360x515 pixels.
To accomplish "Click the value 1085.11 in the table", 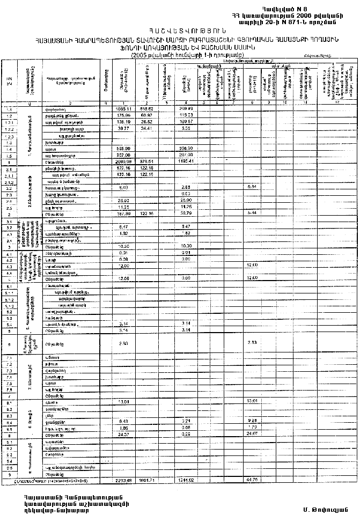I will pos(124,108).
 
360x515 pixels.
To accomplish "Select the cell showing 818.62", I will pos(146,108).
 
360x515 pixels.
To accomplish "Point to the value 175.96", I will pos(124,115).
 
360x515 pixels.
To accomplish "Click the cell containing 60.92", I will pos(146,115).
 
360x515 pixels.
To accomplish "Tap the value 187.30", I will pos(124,214).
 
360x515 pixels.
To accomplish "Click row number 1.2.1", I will pos(9,122).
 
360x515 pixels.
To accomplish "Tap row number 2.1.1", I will pos(9,175).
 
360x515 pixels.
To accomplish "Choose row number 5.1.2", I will pos(9,305).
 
